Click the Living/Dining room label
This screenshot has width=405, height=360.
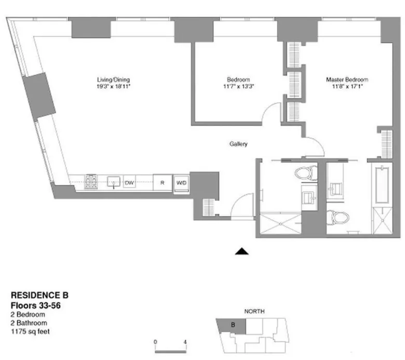point(113,79)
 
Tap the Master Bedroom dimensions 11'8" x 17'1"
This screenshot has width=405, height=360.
point(347,86)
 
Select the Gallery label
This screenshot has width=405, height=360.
point(239,144)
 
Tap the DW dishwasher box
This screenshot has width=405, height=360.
point(129,182)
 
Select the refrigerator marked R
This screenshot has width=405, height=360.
point(162,182)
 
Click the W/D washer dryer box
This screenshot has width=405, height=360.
point(181,182)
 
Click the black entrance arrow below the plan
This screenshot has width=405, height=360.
point(242,252)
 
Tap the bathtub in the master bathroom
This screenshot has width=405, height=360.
point(382,184)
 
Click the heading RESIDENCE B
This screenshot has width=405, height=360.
point(36,298)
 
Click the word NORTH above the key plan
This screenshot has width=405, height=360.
point(254,311)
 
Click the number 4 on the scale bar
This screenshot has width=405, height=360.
point(185,341)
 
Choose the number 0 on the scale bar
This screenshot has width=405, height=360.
point(155,341)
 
